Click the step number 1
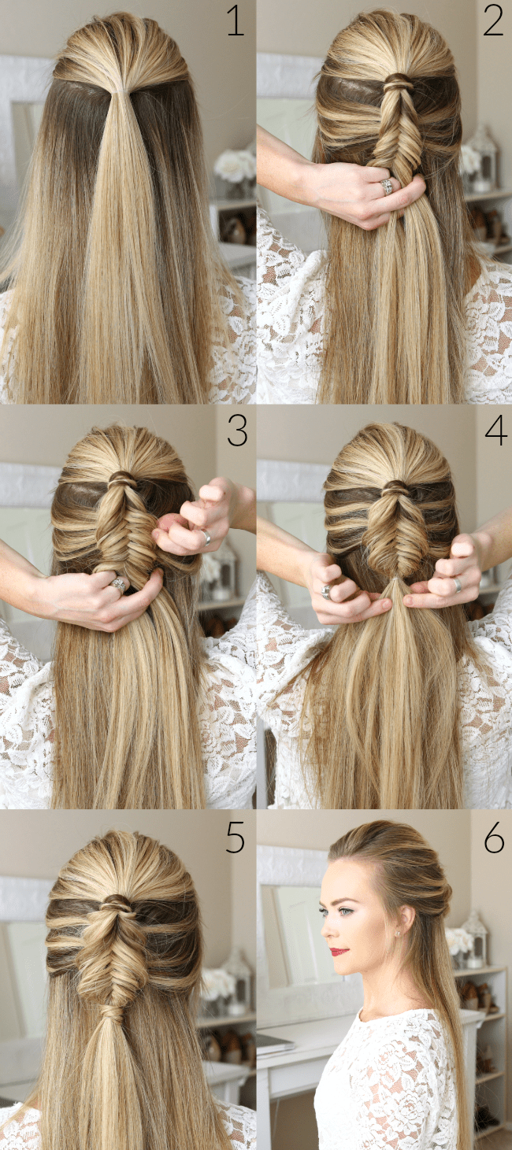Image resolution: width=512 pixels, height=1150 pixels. click(x=236, y=21)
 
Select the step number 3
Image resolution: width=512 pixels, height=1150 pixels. click(x=237, y=431)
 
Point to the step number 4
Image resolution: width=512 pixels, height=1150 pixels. click(x=495, y=431)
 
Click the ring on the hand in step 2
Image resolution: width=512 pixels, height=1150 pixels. click(x=387, y=187)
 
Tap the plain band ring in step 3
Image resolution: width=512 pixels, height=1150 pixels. click(x=206, y=537)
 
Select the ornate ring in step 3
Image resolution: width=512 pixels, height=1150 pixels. click(x=119, y=584)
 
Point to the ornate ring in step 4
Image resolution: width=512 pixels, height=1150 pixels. click(x=327, y=591)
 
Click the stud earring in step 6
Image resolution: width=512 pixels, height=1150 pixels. click(x=399, y=934)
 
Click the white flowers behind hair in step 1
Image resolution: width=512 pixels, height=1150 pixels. click(x=235, y=165)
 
